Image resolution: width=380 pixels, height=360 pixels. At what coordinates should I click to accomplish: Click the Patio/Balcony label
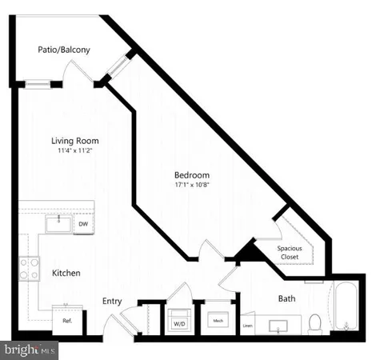64,50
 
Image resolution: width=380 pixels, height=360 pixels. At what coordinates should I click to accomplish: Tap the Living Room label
76,141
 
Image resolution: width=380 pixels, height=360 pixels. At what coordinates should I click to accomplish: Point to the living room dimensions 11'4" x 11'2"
76,150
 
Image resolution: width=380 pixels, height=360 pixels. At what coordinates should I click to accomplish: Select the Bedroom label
192,175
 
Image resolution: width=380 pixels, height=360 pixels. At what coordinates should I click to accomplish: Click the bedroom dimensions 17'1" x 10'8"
192,186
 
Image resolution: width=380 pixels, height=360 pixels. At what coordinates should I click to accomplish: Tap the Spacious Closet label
290,253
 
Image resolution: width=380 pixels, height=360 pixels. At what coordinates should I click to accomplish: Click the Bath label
286,299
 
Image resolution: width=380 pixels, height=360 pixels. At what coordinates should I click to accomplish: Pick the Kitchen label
66,273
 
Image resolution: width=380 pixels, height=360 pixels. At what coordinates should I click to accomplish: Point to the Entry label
112,301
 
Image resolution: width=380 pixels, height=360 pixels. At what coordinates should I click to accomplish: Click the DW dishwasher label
83,225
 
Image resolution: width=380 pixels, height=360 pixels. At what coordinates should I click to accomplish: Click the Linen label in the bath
248,325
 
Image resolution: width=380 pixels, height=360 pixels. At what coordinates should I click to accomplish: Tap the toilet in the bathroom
315,322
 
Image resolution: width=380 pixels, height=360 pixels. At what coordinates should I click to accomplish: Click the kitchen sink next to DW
57,223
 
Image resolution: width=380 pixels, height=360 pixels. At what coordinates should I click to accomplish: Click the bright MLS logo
30,350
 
